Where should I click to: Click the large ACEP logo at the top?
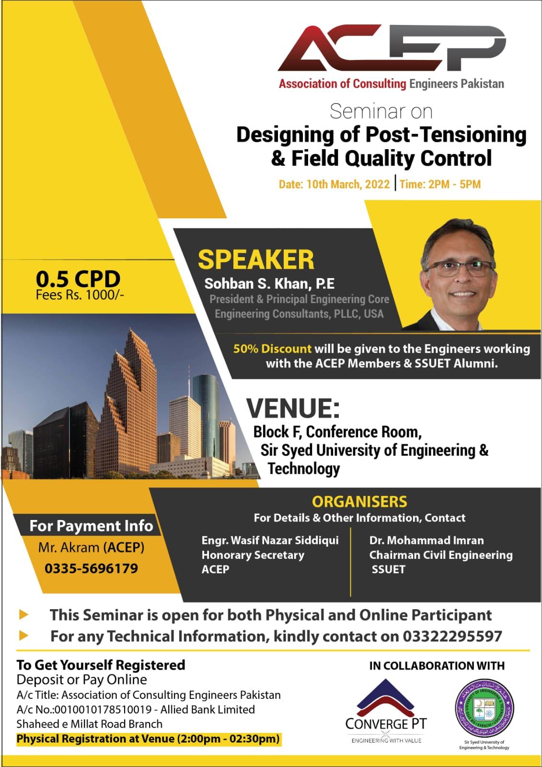(x=392, y=48)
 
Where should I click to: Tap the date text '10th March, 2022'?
(x=348, y=184)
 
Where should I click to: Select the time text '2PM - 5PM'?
(x=454, y=184)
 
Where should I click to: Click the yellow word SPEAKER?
(x=256, y=260)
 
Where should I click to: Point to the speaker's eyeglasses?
(x=459, y=269)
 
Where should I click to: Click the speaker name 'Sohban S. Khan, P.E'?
(x=269, y=283)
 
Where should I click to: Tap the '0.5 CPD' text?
(x=78, y=279)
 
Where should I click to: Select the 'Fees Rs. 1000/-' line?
(x=80, y=295)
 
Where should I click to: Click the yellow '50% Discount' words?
(x=272, y=349)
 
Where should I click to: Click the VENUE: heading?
(x=293, y=408)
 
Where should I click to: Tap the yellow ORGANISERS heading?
(x=359, y=502)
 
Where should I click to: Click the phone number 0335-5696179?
(x=92, y=568)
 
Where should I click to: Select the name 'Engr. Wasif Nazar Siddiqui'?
(x=270, y=540)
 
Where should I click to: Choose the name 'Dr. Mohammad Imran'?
(x=427, y=540)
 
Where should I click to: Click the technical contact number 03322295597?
(x=452, y=636)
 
